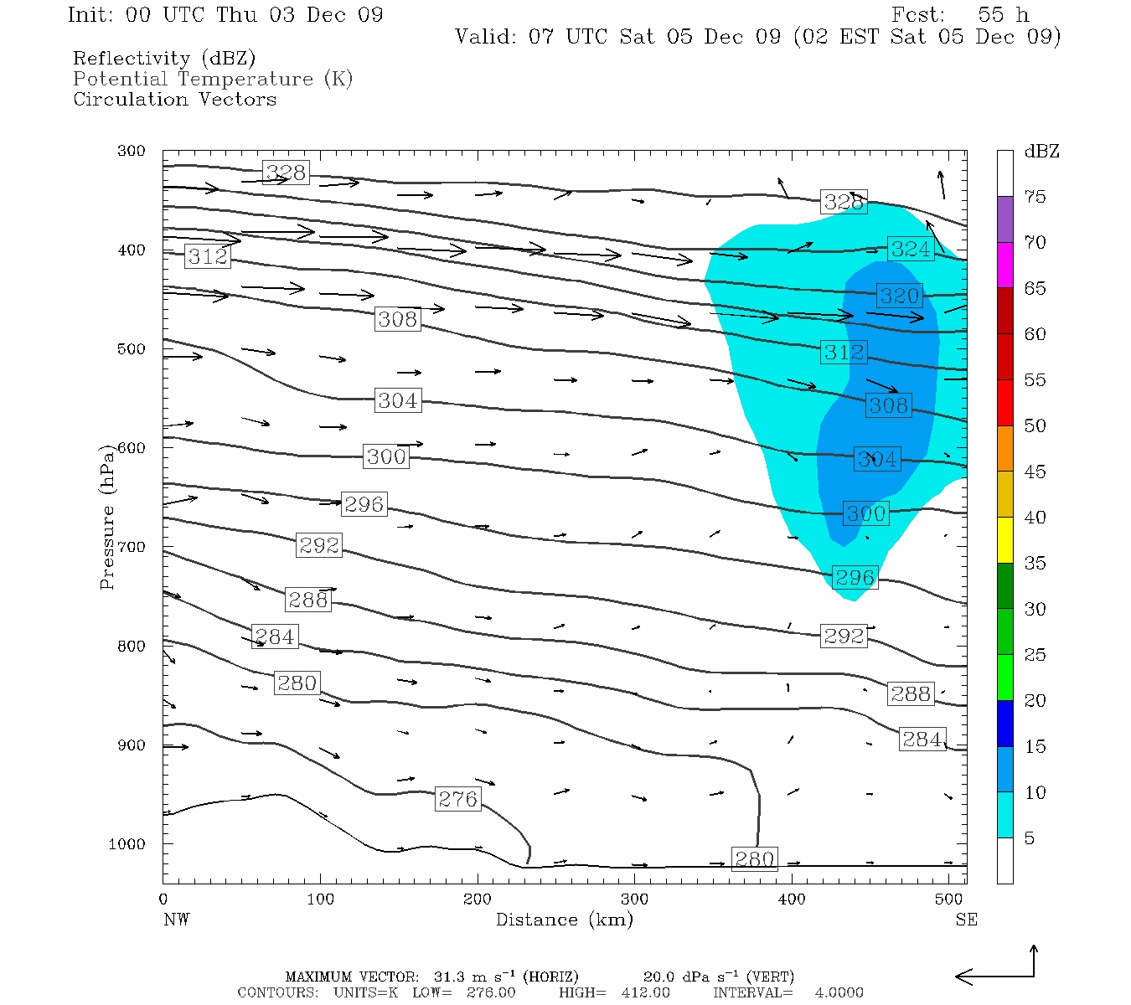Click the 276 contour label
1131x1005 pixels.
click(457, 799)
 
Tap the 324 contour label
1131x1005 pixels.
click(910, 249)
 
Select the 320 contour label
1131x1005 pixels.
click(899, 295)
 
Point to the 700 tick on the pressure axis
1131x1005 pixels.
click(132, 547)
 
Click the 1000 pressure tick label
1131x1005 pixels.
click(127, 844)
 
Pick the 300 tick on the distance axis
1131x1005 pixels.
click(634, 899)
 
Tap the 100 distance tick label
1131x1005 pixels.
click(320, 899)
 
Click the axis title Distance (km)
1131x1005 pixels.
click(564, 920)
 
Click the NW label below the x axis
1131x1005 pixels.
click(176, 920)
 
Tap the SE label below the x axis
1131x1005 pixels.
click(966, 920)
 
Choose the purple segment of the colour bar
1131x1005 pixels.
click(1004, 219)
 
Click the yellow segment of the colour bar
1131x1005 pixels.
click(1004, 539)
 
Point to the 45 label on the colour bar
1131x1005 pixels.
click(1035, 472)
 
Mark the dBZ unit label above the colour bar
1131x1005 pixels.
click(1041, 152)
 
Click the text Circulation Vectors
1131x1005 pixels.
click(174, 99)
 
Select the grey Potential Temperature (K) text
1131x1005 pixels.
click(213, 79)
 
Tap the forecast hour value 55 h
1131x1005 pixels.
click(1003, 15)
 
